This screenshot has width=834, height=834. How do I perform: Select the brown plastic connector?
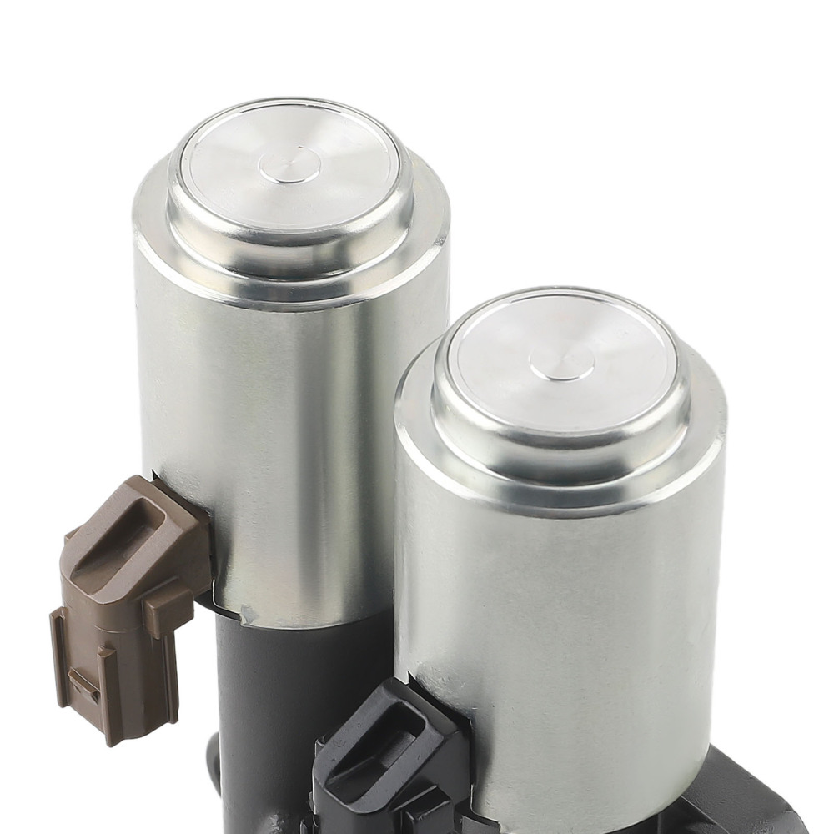(125, 600)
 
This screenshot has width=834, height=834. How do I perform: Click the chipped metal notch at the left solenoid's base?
(248, 615)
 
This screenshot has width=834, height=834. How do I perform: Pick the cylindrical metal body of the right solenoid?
(567, 600)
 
